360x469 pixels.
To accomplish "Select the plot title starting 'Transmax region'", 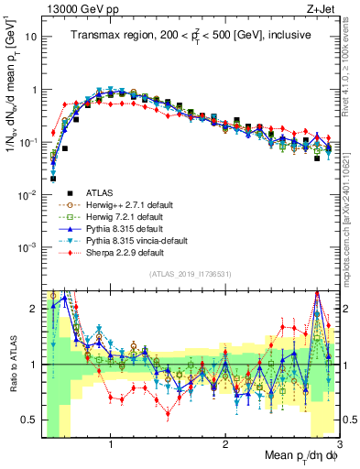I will click(x=190, y=34).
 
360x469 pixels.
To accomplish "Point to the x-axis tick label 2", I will click(x=225, y=446).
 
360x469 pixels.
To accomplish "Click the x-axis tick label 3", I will click(x=338, y=446).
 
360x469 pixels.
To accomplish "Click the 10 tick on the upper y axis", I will click(x=32, y=37).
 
